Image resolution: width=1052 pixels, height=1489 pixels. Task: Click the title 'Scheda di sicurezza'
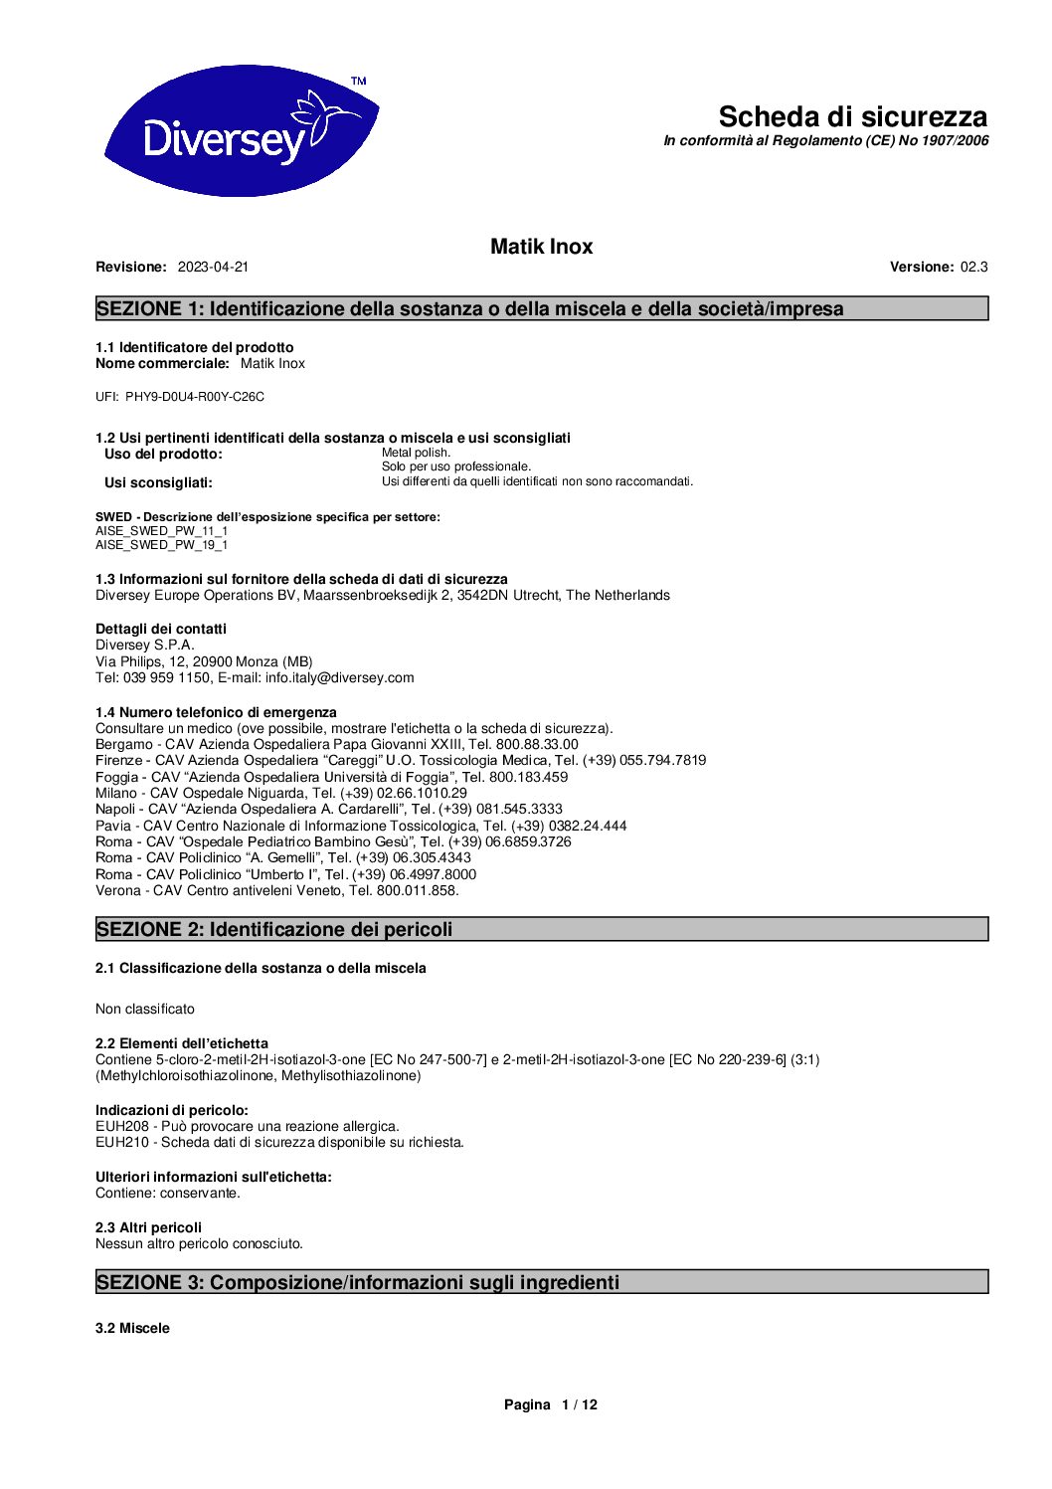[852, 116]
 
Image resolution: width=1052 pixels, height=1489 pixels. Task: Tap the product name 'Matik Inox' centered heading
[541, 247]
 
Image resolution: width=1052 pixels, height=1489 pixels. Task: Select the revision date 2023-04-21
[213, 267]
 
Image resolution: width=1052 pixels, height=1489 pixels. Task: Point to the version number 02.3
[973, 267]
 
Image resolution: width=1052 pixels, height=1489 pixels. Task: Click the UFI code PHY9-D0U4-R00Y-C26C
[195, 397]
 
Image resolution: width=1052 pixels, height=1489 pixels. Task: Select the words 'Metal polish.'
[416, 453]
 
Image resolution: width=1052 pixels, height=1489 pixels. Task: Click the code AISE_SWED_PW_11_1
[161, 531]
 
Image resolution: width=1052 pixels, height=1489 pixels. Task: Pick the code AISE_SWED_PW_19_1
[161, 545]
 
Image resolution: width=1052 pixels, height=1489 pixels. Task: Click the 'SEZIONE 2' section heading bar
[542, 929]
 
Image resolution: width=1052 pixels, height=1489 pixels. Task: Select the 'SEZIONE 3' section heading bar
[542, 1282]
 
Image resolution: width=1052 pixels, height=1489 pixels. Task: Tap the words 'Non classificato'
[145, 1009]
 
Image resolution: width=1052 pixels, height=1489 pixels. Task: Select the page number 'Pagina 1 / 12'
[550, 1404]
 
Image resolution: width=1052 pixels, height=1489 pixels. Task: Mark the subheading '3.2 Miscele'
[132, 1328]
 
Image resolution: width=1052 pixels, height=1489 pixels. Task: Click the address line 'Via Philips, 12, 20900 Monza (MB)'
[204, 661]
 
